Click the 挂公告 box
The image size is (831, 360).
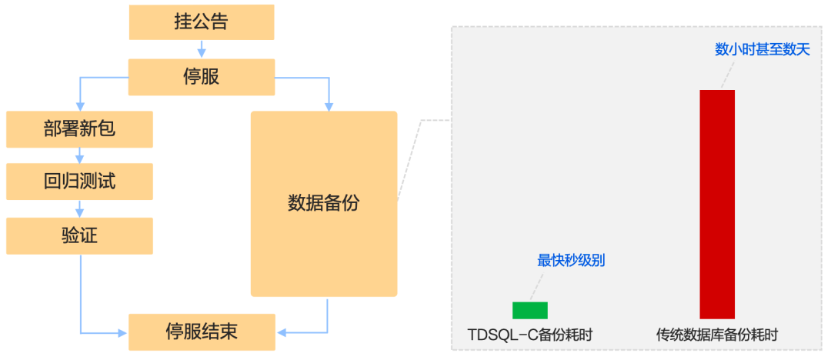201,22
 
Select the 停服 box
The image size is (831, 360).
201,78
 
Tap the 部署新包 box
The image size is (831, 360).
79,129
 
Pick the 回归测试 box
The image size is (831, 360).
79,182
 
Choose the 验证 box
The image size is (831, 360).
79,235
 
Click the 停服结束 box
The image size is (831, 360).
201,332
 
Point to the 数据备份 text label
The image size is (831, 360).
323,204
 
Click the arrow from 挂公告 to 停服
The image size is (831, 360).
202,49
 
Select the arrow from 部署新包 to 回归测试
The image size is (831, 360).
79,155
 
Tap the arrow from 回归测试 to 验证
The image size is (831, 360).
79,208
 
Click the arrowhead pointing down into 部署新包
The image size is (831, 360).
79,107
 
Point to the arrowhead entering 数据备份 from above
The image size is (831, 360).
329,107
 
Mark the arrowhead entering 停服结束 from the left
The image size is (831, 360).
122,333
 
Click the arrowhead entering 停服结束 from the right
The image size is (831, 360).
281,333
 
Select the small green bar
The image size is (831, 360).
530,310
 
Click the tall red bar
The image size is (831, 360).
716,204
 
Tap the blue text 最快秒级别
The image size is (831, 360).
571,261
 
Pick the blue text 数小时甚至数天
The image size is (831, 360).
762,50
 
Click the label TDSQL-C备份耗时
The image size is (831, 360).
530,335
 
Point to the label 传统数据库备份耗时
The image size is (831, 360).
716,335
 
